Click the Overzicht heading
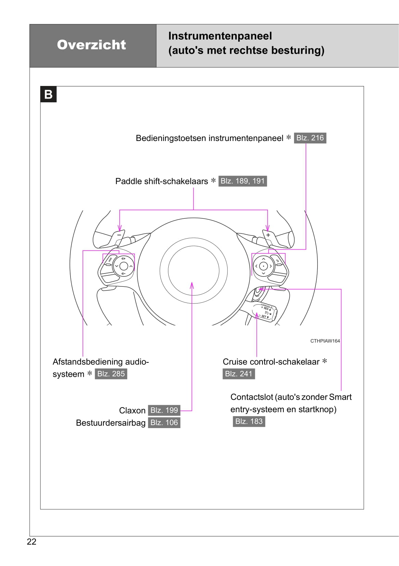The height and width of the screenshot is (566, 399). pyautogui.click(x=91, y=45)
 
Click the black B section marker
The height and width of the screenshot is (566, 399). pyautogui.click(x=49, y=94)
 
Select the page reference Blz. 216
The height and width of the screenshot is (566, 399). pyautogui.click(x=310, y=138)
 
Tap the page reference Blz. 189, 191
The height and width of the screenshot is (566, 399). pyautogui.click(x=243, y=181)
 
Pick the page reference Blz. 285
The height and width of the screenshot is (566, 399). pyautogui.click(x=111, y=374)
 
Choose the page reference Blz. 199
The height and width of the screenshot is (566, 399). pyautogui.click(x=164, y=410)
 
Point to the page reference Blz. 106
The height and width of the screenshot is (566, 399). pyautogui.click(x=164, y=423)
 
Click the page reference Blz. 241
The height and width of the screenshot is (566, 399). pyautogui.click(x=239, y=374)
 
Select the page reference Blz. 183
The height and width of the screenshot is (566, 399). pyautogui.click(x=249, y=421)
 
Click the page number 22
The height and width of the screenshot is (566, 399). pyautogui.click(x=31, y=542)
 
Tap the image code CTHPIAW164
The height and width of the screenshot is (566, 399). pyautogui.click(x=325, y=341)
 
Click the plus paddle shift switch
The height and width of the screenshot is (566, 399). pyautogui.click(x=269, y=235)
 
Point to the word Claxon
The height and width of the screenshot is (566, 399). pyautogui.click(x=132, y=410)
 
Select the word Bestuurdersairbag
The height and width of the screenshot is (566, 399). pyautogui.click(x=111, y=423)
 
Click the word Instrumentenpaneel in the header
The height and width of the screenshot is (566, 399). pyautogui.click(x=220, y=36)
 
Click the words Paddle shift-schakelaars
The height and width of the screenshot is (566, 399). pyautogui.click(x=162, y=181)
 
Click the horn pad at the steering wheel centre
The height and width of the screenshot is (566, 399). pyautogui.click(x=193, y=270)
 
